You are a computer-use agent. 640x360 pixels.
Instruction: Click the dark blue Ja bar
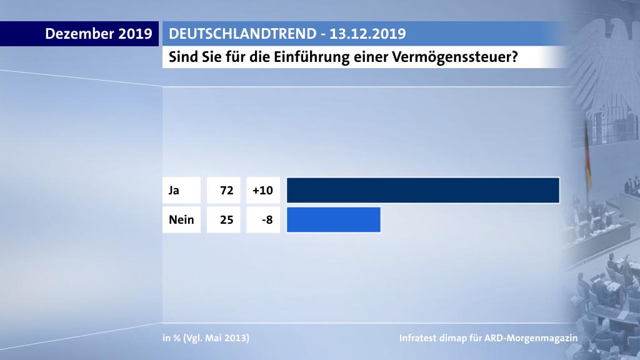pyautogui.click(x=422, y=190)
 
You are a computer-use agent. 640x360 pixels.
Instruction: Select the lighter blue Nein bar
pyautogui.click(x=334, y=219)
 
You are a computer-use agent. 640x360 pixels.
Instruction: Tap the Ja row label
pyautogui.click(x=174, y=190)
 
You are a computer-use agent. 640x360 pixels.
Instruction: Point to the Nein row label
pyautogui.click(x=181, y=220)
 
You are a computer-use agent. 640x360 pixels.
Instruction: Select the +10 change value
pyautogui.click(x=262, y=190)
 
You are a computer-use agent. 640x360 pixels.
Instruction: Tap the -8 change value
pyautogui.click(x=266, y=220)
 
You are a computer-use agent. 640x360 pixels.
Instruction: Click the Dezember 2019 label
pyautogui.click(x=99, y=34)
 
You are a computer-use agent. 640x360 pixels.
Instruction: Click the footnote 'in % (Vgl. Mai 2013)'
pyautogui.click(x=206, y=338)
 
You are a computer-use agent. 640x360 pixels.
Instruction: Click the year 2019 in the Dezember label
pyautogui.click(x=135, y=34)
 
